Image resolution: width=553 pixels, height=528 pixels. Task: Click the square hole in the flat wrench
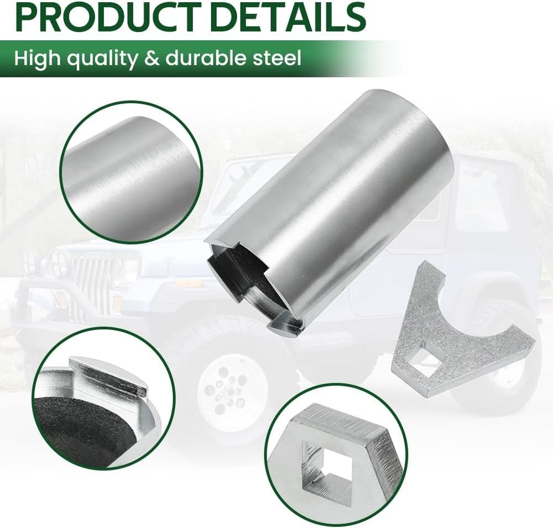click(426, 364)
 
